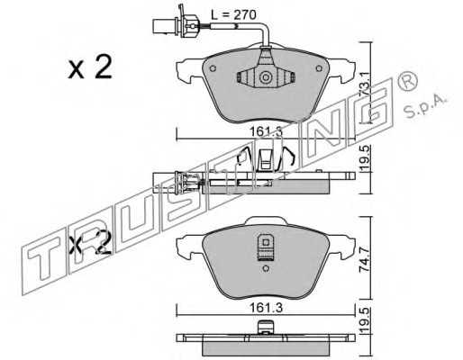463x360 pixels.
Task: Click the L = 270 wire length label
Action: click(233, 14)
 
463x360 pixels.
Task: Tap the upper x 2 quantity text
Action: click(90, 67)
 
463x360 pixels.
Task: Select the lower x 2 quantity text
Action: click(90, 242)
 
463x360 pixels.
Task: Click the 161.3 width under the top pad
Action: click(266, 131)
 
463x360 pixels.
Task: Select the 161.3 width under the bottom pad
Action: click(266, 308)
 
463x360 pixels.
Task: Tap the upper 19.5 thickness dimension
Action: click(365, 158)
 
